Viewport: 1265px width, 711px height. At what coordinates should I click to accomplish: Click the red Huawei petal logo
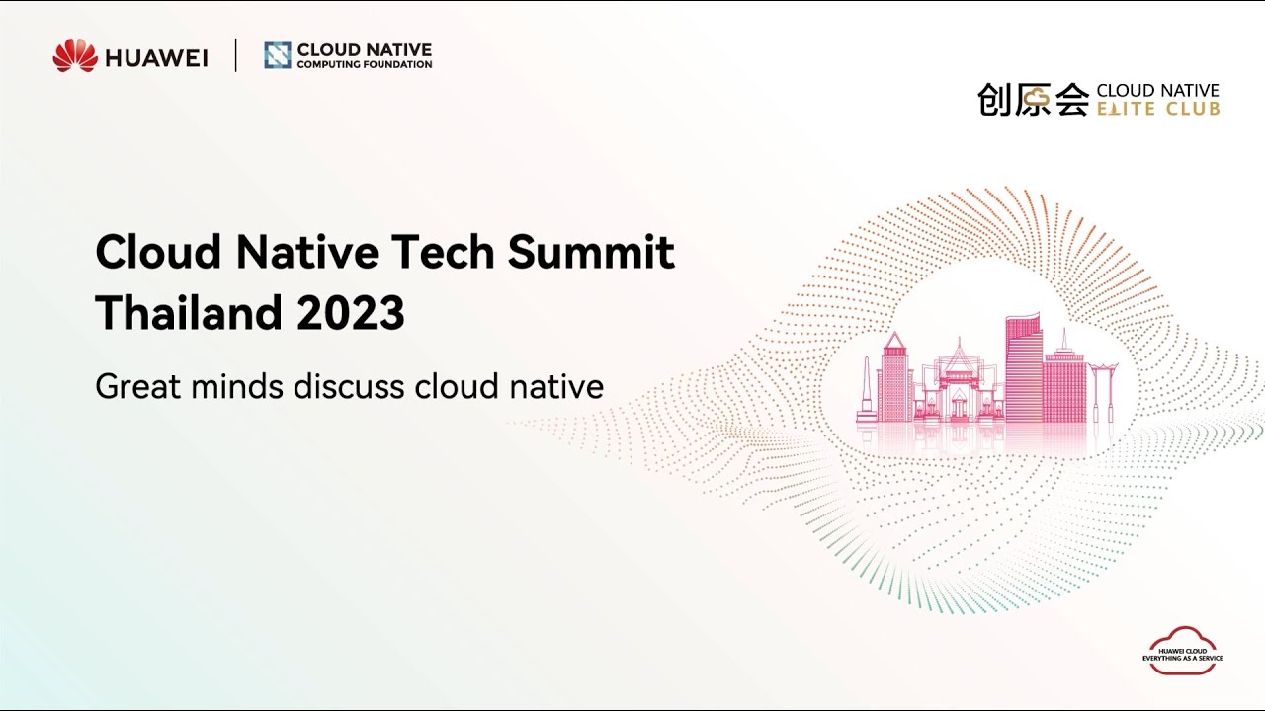click(x=75, y=56)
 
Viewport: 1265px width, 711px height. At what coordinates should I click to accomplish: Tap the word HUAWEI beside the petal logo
click(x=156, y=58)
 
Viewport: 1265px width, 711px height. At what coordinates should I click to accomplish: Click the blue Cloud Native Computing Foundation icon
click(x=278, y=55)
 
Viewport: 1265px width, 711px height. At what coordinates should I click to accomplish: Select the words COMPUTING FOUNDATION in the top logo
click(x=365, y=65)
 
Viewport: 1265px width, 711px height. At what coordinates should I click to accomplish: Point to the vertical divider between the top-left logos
click(x=236, y=55)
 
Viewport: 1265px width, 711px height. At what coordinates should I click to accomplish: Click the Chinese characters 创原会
click(x=1033, y=100)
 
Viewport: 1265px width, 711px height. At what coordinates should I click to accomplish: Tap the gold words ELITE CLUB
click(x=1158, y=109)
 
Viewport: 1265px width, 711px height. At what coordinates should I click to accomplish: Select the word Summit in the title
click(x=591, y=253)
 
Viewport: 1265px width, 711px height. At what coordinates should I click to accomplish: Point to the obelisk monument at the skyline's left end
click(x=866, y=390)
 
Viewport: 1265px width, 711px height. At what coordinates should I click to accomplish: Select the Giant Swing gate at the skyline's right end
click(x=1102, y=391)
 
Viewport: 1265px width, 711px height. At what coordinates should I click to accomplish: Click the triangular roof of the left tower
click(x=894, y=343)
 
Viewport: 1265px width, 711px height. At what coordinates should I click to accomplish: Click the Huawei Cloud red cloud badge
click(x=1182, y=652)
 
